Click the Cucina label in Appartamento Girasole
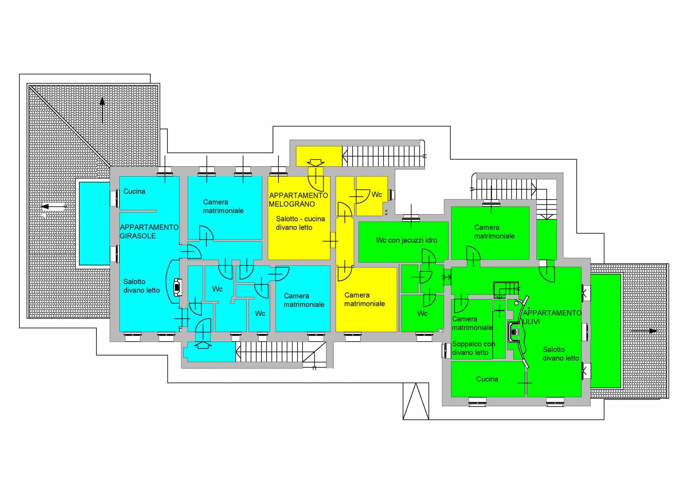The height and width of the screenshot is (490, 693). (134, 191)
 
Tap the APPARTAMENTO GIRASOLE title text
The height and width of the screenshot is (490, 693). (149, 231)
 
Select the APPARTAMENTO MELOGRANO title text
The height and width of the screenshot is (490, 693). (298, 200)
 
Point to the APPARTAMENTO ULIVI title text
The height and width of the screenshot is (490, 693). (552, 317)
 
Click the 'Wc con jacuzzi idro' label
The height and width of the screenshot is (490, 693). (407, 240)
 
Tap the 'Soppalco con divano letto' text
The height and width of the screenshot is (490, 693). (474, 348)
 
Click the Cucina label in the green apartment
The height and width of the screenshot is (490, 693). (487, 379)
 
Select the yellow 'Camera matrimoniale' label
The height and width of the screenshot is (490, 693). (365, 299)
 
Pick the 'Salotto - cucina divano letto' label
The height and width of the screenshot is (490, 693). (300, 223)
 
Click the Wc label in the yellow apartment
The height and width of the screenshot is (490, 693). (377, 194)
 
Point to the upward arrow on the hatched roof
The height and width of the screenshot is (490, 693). (102, 110)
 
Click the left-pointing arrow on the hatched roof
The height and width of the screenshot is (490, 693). (54, 206)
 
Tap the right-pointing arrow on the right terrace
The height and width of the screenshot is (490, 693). (644, 331)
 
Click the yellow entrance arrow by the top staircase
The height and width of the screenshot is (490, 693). (316, 163)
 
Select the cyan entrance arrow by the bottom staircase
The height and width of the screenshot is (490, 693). (203, 345)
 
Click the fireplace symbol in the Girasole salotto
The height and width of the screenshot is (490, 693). (177, 287)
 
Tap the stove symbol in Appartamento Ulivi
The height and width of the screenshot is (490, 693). (514, 332)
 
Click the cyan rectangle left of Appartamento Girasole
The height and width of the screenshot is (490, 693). (94, 224)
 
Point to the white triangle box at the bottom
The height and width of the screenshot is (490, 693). (416, 401)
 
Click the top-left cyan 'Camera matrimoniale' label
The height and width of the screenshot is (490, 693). (223, 206)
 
